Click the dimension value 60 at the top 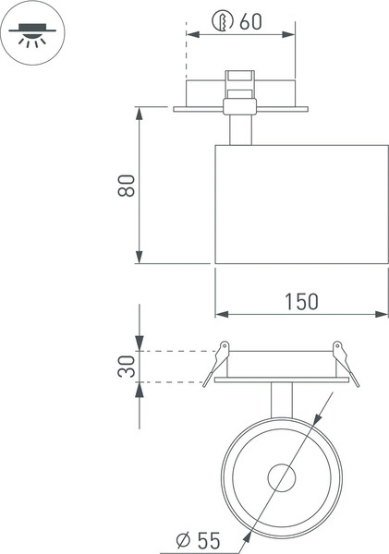[250, 21]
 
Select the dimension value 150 [300, 301]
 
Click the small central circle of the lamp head [281, 478]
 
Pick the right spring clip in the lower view [343, 361]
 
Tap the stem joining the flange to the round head [281, 400]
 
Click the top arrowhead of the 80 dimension [139, 114]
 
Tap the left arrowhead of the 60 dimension [190, 34]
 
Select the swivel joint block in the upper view [239, 95]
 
